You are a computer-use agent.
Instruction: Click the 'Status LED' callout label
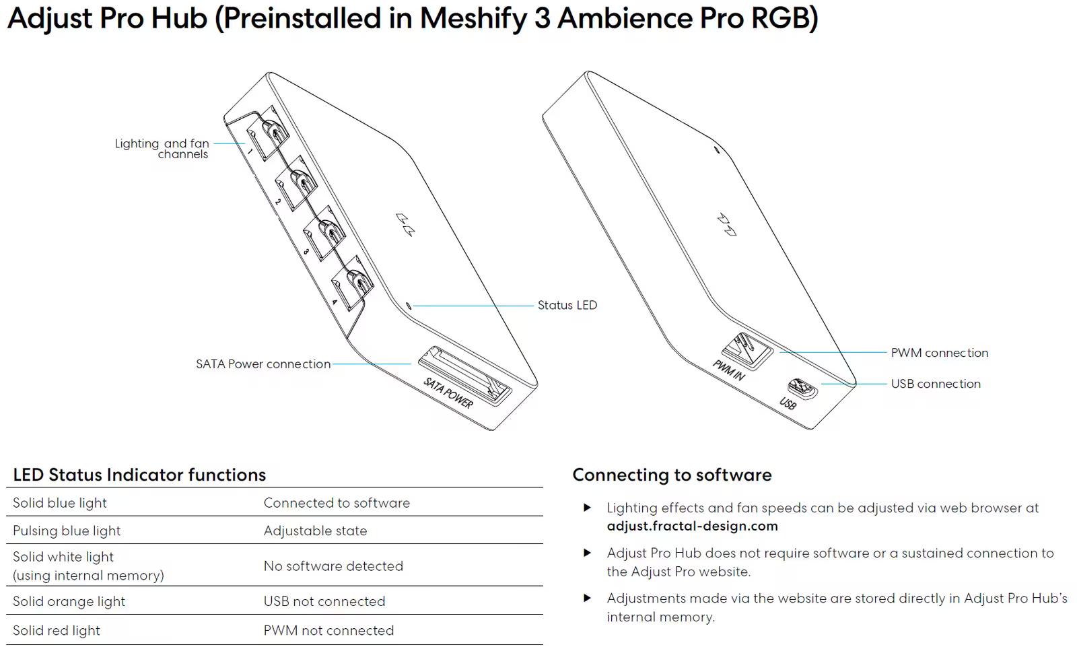[567, 305]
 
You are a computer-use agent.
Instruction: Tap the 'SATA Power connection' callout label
[263, 364]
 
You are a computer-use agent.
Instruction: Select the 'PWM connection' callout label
[939, 353]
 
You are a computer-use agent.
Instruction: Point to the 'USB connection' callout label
[936, 384]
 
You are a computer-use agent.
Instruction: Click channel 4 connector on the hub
[353, 283]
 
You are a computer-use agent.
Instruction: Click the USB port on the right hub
[802, 388]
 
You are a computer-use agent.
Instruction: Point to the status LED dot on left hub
[409, 306]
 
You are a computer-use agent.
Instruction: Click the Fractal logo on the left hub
[405, 225]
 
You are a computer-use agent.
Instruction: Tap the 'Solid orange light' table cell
[69, 601]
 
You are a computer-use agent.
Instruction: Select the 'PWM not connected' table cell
[328, 630]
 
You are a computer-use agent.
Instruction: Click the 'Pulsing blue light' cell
[67, 531]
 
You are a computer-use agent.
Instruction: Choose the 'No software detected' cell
[333, 566]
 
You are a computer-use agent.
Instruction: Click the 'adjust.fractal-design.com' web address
[692, 526]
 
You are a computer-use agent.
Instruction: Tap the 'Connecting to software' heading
[672, 475]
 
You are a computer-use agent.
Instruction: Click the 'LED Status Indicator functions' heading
[139, 475]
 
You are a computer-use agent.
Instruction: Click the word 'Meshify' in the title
[473, 18]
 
